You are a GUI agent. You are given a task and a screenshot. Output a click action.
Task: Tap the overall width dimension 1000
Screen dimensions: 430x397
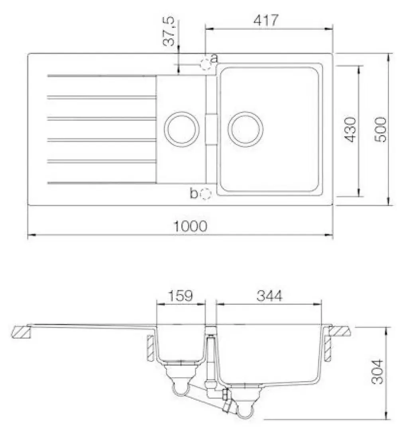190,226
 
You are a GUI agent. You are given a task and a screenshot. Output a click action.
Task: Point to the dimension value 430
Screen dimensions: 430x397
350,130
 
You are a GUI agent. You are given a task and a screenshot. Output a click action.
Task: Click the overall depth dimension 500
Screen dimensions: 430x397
381,130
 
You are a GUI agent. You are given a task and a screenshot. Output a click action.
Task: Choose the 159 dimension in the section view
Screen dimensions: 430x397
179,296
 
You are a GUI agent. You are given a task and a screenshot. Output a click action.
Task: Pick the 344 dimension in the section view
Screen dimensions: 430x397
269,296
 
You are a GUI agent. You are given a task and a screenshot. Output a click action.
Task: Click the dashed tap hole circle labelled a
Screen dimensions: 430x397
205,64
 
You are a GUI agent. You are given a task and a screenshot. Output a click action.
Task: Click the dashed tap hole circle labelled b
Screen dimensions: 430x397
206,194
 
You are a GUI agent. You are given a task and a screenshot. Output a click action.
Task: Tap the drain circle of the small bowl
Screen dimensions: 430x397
181,128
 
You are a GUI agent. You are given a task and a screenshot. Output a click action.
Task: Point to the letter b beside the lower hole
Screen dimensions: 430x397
194,194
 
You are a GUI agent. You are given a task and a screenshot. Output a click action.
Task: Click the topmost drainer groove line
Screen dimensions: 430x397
102,75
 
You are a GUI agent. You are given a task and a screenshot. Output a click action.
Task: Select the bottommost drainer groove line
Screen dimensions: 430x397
102,183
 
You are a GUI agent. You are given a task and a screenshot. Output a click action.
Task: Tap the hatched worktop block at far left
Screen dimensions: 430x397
22,331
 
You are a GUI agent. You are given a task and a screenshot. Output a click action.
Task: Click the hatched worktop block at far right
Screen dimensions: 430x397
341,330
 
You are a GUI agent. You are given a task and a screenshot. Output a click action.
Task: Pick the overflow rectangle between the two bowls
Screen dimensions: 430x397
211,129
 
